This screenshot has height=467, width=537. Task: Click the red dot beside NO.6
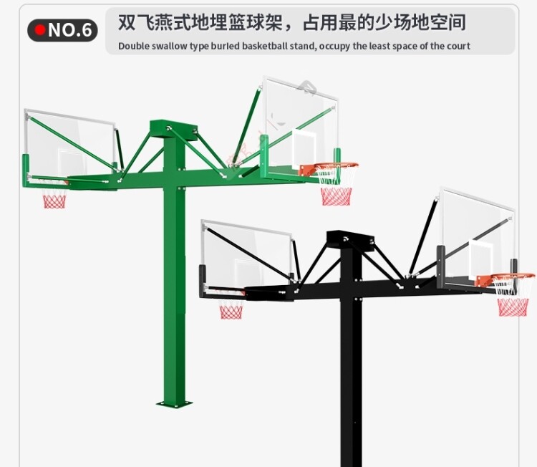click(x=40, y=30)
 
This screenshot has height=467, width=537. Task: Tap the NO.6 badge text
click(x=70, y=30)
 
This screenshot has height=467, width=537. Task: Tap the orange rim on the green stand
click(x=329, y=168)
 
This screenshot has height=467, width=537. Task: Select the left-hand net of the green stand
click(x=54, y=198)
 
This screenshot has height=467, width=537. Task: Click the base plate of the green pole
click(x=174, y=403)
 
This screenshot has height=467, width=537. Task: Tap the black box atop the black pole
click(x=350, y=240)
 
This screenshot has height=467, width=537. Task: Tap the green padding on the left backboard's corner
click(x=26, y=170)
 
